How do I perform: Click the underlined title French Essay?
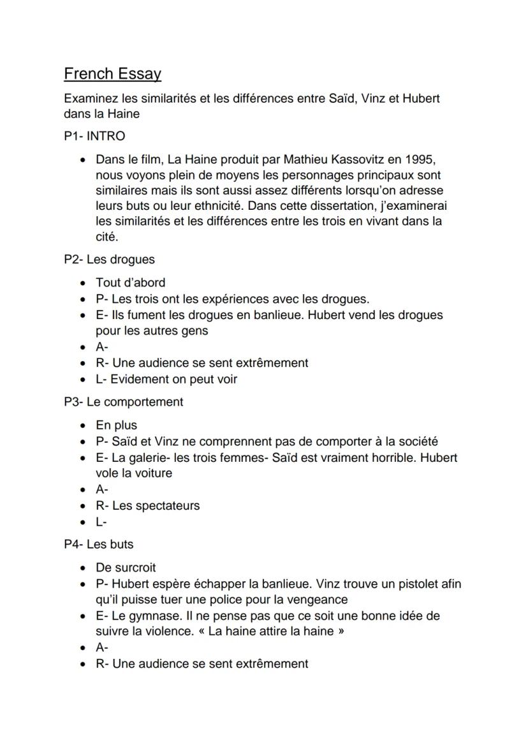(x=112, y=74)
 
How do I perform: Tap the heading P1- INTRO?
(x=94, y=136)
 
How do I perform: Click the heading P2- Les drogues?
(x=109, y=260)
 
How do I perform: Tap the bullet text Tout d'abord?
(x=130, y=283)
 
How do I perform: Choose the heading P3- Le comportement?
(x=123, y=402)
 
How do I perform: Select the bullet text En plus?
(x=116, y=425)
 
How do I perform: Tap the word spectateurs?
(x=167, y=506)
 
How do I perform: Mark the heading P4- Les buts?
(x=98, y=544)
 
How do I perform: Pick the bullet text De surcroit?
(x=126, y=568)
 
